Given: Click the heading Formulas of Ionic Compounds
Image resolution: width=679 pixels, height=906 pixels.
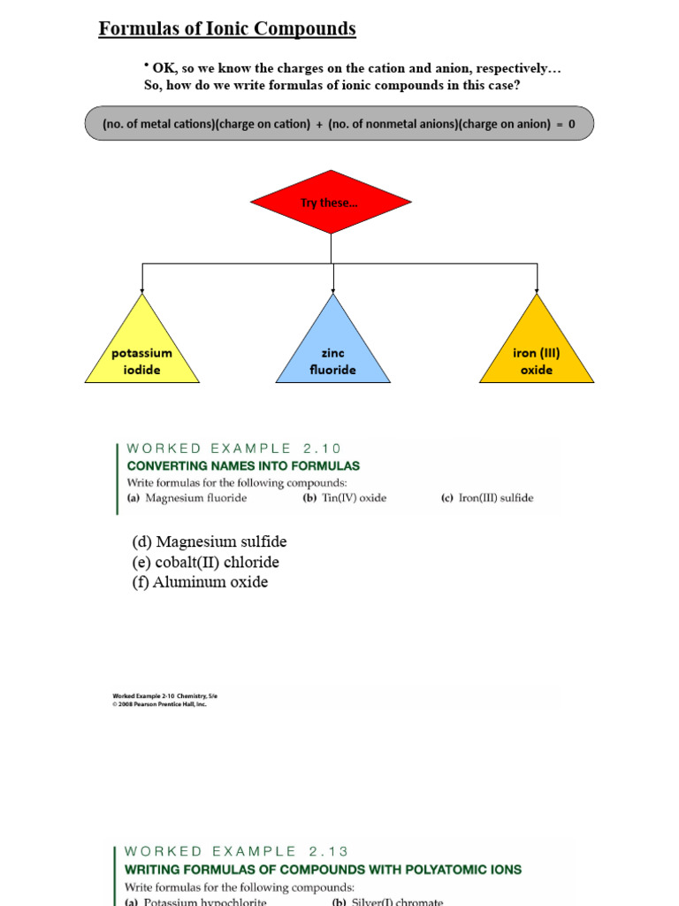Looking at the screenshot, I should (x=227, y=29).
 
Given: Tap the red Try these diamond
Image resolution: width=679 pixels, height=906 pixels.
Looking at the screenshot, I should (x=331, y=202).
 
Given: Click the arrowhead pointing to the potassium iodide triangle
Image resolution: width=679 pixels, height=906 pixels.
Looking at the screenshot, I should (x=142, y=289).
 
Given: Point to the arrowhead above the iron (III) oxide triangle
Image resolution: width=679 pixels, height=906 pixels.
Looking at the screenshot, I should (x=537, y=289).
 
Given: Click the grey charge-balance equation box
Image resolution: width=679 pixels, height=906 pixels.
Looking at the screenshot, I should (x=339, y=124).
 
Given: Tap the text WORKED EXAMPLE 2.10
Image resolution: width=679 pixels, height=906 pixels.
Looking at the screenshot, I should (x=233, y=448).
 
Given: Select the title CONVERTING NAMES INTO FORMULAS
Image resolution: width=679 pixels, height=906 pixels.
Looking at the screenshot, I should (x=243, y=465).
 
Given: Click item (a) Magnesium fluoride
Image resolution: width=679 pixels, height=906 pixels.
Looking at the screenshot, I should (x=187, y=498).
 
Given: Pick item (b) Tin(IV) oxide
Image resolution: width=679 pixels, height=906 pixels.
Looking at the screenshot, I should (x=345, y=498).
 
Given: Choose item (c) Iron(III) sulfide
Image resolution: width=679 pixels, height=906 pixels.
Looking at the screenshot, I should (x=487, y=498).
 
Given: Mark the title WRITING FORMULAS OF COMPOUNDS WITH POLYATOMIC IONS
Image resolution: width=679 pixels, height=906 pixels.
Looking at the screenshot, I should (x=323, y=869).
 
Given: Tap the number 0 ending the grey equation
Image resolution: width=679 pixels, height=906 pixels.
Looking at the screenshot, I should (x=571, y=124).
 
